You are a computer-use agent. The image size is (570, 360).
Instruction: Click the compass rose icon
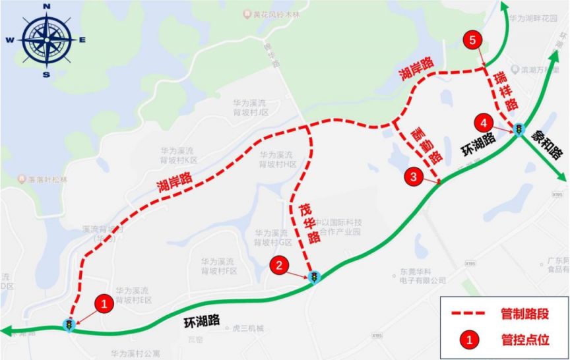pyautogui.click(x=46, y=40)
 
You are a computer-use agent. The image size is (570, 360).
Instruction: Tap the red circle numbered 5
pyautogui.click(x=472, y=40)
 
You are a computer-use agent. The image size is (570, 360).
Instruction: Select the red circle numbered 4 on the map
pyautogui.click(x=485, y=123)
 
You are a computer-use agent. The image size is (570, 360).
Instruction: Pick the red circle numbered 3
pyautogui.click(x=413, y=176)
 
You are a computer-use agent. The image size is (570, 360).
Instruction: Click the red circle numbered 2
pyautogui.click(x=280, y=266)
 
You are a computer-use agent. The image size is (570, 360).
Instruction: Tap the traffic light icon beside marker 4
pyautogui.click(x=519, y=129)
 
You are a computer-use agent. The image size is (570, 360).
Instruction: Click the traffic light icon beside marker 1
pyautogui.click(x=68, y=324)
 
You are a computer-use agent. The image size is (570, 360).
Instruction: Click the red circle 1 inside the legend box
pyautogui.click(x=469, y=340)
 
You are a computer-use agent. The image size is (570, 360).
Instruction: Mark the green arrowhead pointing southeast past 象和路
pyautogui.click(x=562, y=177)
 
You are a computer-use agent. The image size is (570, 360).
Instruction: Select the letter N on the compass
pyautogui.click(x=46, y=7)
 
